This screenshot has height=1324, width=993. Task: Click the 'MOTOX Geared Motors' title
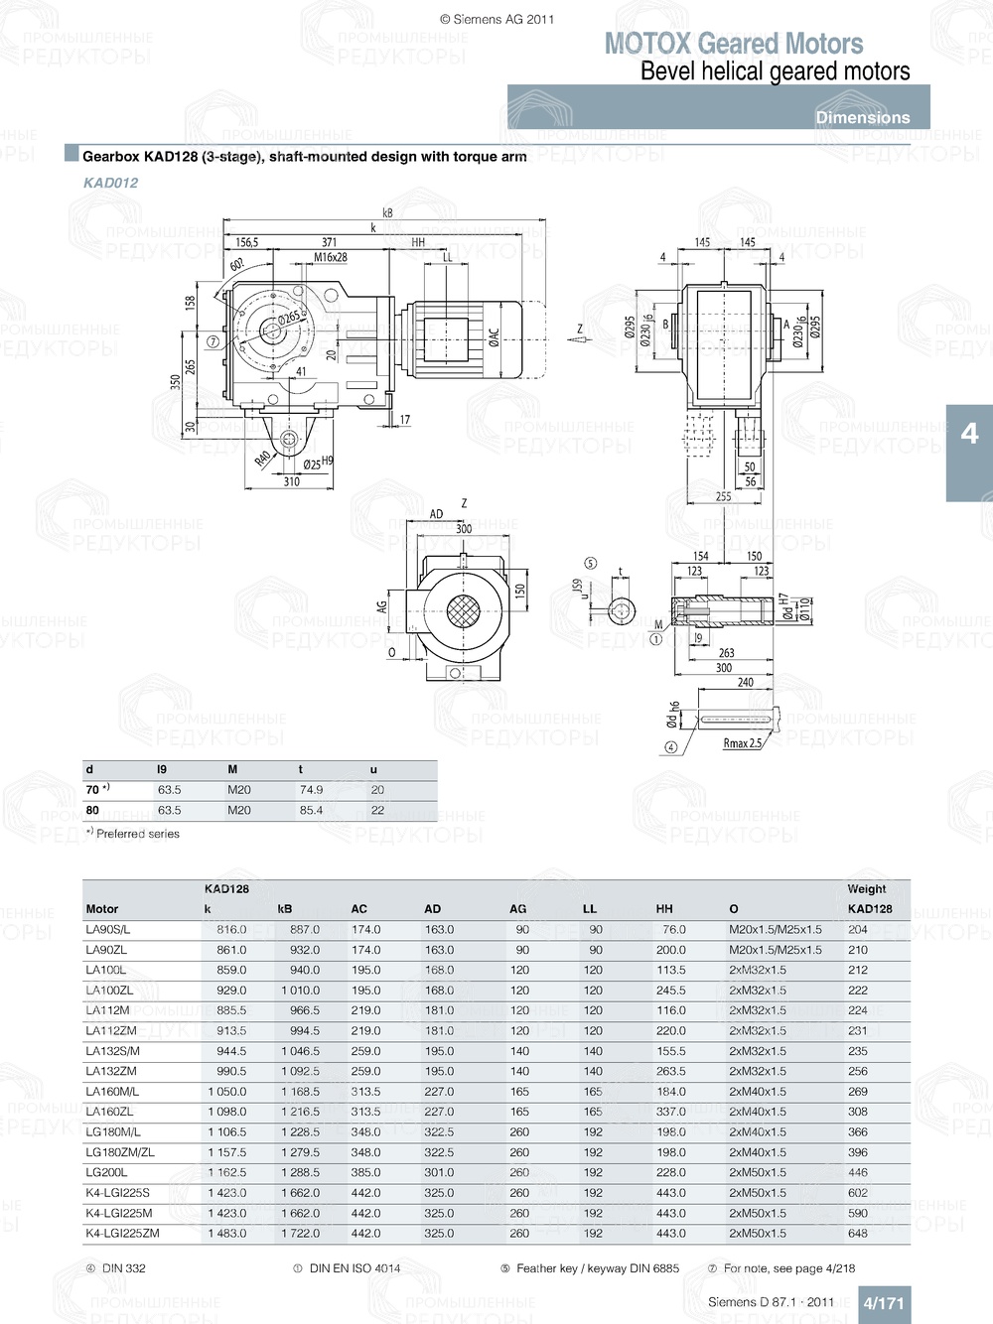tap(734, 44)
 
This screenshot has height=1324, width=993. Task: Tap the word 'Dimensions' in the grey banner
tap(862, 117)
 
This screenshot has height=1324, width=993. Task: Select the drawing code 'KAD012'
tap(110, 183)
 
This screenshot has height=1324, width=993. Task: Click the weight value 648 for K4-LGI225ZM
tap(858, 1234)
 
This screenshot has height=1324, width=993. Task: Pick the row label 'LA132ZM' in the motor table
tap(111, 1072)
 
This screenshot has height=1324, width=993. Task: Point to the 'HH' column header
tap(664, 909)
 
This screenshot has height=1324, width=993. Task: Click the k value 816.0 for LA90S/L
tap(231, 930)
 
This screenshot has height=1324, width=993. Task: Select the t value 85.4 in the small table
tap(311, 811)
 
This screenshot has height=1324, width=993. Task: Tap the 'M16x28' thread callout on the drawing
tap(331, 257)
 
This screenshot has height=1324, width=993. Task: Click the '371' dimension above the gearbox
tap(329, 242)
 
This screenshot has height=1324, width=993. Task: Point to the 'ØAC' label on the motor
tap(494, 337)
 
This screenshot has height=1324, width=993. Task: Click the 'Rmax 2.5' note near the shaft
tap(743, 743)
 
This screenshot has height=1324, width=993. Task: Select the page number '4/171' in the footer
tap(883, 1303)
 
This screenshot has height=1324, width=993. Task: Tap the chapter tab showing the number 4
tap(969, 434)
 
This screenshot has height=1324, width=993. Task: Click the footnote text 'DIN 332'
tap(123, 1268)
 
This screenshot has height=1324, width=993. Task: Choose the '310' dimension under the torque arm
tap(291, 482)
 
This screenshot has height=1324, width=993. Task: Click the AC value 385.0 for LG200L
tap(365, 1173)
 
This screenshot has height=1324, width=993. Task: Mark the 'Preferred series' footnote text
tap(138, 835)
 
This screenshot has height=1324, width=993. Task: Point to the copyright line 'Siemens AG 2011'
tap(497, 19)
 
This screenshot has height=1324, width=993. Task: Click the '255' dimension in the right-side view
tap(723, 497)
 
